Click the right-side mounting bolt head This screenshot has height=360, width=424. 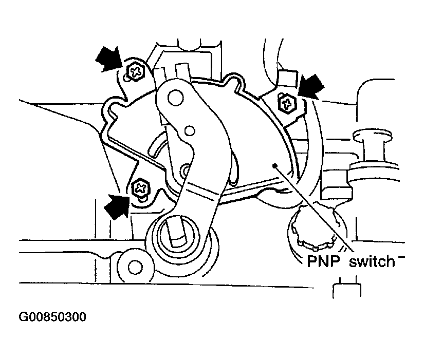[x=287, y=103]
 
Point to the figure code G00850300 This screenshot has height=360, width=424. [x=52, y=317]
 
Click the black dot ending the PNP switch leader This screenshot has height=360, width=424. [x=275, y=165]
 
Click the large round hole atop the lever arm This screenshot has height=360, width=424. [x=176, y=98]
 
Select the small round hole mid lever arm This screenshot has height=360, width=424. [x=190, y=131]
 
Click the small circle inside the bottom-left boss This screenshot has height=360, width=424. [x=134, y=267]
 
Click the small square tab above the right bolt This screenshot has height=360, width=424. [x=288, y=78]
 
